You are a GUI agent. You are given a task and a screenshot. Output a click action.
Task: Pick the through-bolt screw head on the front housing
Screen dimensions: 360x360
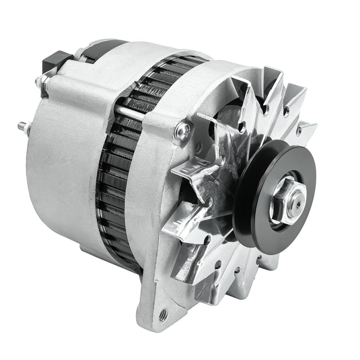coord(181,131)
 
